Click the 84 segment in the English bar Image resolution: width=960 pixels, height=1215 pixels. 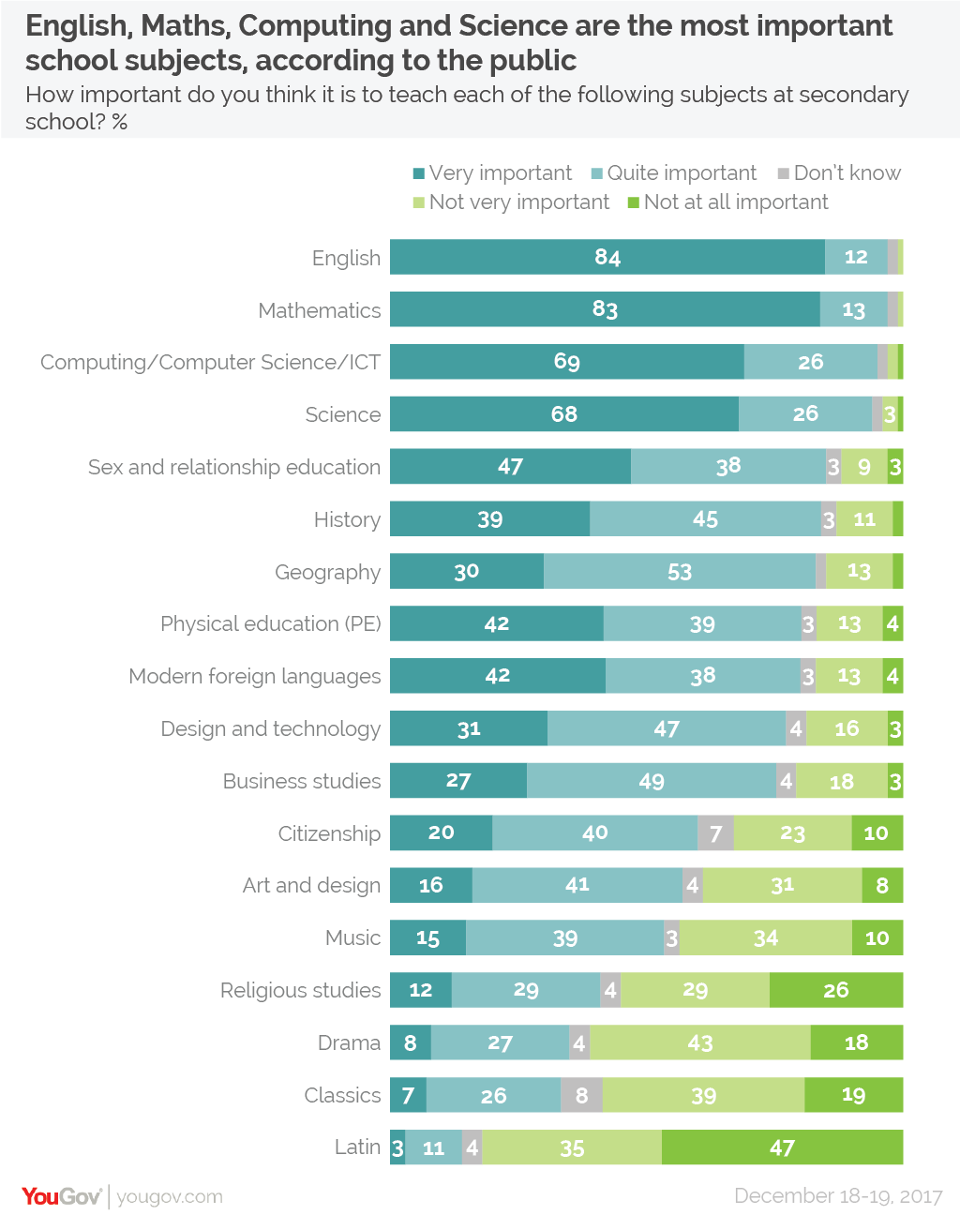click(607, 257)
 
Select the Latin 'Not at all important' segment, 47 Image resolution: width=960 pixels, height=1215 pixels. click(782, 1147)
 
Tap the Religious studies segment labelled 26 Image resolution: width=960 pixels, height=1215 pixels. click(835, 990)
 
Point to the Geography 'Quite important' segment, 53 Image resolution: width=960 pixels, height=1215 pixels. click(680, 572)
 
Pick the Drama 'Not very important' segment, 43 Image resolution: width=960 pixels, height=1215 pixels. click(700, 1042)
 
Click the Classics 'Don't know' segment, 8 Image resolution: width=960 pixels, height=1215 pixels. click(582, 1095)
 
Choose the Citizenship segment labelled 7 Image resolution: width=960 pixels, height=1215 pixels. click(715, 833)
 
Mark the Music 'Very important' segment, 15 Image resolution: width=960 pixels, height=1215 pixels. click(427, 938)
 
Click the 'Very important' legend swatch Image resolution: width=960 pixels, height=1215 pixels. click(419, 173)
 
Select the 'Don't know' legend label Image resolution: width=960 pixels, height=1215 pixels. click(847, 173)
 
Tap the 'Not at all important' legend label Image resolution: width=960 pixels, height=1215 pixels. click(736, 202)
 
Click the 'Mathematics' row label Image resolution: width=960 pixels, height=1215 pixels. click(320, 310)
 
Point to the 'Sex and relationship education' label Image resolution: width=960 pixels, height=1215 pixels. click(234, 467)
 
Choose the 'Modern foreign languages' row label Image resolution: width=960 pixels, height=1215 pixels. click(255, 676)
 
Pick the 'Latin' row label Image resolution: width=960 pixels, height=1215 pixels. click(357, 1147)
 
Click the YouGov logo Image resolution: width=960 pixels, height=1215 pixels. click(61, 1196)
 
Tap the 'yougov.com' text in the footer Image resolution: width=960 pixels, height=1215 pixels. click(170, 1197)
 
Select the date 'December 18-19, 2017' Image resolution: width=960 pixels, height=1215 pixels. click(838, 1196)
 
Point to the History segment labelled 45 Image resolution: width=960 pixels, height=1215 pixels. click(705, 519)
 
